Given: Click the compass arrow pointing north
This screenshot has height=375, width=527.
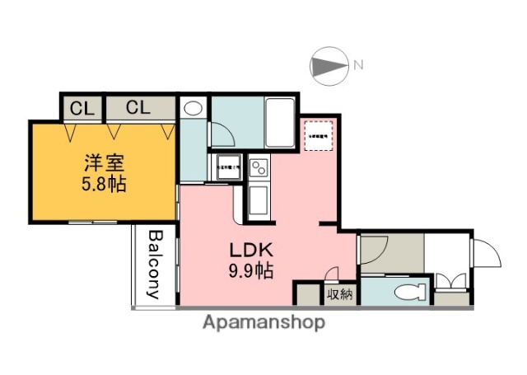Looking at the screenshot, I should point(330,64).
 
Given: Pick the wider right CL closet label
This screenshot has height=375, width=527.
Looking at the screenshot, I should point(138,107).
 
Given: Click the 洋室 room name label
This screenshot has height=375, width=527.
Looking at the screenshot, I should point(105,162).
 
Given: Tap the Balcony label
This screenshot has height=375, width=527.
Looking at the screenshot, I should point(154,264).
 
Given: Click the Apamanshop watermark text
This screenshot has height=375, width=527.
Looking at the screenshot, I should point(263,322).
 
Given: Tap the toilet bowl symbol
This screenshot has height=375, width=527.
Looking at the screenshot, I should point(408,291).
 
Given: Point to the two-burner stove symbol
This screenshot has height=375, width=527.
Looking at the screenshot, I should point(258,168).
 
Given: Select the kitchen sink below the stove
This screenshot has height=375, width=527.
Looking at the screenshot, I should point(258,199).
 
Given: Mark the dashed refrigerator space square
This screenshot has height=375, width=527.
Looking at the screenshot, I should point(318,136).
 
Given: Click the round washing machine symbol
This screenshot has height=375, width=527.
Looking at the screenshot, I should point(193,109).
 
